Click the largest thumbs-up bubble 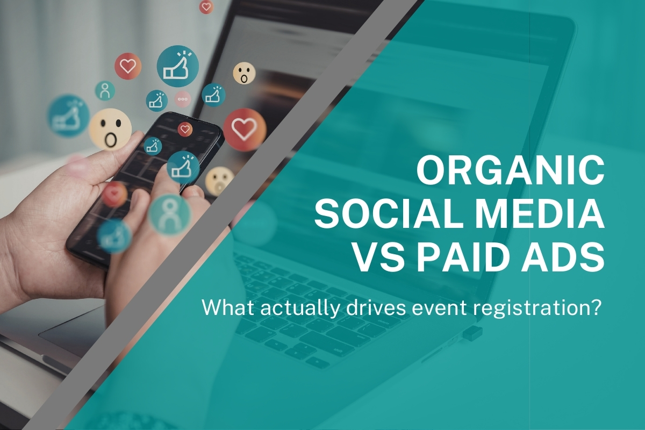click(177, 66)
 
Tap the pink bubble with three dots click(183, 99)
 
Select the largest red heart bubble click(245, 129)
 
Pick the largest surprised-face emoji click(110, 130)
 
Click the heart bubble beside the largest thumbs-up click(128, 66)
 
